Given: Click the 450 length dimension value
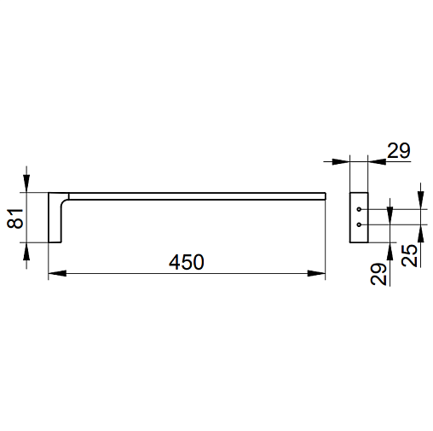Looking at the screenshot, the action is click(187, 262).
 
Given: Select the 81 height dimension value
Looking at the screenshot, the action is click(15, 218).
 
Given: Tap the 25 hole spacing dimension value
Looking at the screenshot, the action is click(409, 255).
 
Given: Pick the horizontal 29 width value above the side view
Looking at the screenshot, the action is click(399, 150).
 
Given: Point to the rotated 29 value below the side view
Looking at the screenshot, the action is click(378, 274).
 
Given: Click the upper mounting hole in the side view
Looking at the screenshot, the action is click(359, 209).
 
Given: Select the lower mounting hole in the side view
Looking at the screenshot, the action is click(359, 224).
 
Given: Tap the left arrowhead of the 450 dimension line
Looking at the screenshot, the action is click(57, 273).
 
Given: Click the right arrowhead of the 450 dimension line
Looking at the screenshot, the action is click(316, 273).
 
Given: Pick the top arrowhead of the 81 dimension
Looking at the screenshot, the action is click(26, 183).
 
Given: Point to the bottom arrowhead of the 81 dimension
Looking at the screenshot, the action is click(26, 252).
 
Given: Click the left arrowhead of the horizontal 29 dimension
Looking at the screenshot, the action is click(341, 161).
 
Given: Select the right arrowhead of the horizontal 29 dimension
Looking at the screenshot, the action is click(377, 161).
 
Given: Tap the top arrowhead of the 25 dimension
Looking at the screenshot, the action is click(421, 201).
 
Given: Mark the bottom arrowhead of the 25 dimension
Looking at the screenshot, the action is click(421, 234).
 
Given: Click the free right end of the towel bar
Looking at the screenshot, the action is click(326, 196).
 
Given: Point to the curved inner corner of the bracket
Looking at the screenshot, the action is click(63, 202).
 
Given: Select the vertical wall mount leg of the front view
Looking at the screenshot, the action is click(55, 218).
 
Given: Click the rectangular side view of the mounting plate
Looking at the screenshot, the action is click(359, 218).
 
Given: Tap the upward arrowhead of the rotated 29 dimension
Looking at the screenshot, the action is click(390, 252).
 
